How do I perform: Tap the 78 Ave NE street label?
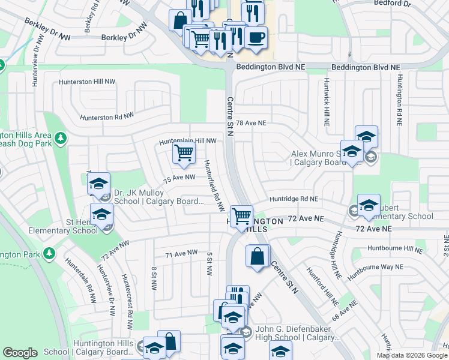coord(250,122)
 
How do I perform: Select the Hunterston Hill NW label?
coord(86,82)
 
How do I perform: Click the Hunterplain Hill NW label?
coord(187,141)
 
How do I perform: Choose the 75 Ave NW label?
coord(180,178)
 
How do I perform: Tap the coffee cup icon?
coord(256,37)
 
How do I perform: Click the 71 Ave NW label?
coord(181,254)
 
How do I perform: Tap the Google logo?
coord(20,352)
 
